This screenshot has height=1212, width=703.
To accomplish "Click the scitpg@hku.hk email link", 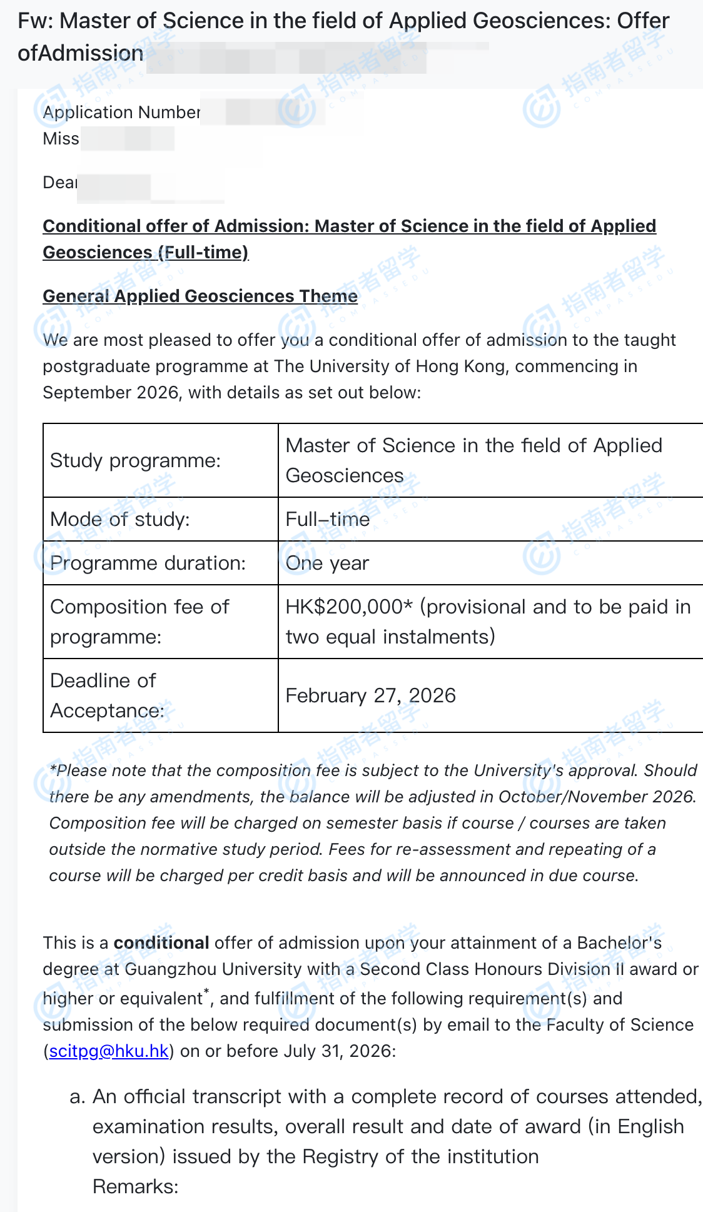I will point(109,1051).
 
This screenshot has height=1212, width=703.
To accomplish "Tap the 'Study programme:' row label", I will point(135,461).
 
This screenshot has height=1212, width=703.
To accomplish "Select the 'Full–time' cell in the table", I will point(327,520).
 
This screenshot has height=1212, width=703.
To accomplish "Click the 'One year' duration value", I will point(327,563).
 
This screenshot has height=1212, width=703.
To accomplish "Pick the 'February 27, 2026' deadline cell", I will point(370,696).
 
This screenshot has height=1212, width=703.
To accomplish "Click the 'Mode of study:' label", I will point(119,520).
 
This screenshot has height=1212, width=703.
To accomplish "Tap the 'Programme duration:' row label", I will point(148,563).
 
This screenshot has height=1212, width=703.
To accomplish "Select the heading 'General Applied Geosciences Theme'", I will point(200,296).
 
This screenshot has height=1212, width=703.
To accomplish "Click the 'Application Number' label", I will point(121,113).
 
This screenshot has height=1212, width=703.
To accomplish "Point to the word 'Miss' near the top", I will point(61,139).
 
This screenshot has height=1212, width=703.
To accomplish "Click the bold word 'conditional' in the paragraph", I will point(161,943).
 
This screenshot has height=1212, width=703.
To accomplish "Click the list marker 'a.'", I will point(78,1097).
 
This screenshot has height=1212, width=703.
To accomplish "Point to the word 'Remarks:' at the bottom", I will point(135,1187).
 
